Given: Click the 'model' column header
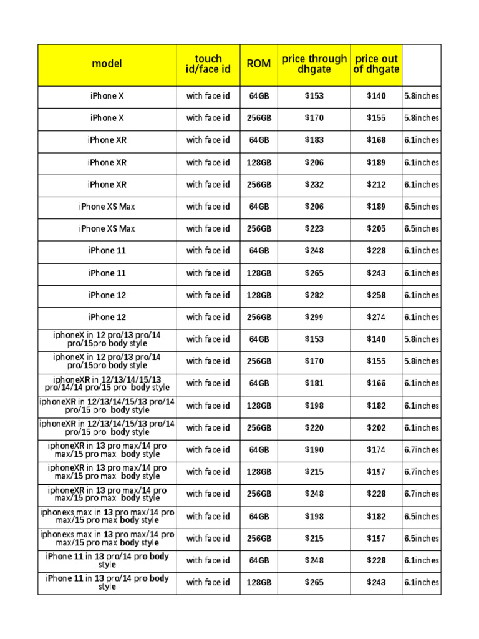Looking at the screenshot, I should coord(107,64).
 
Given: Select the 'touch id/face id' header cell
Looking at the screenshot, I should coord(208,64).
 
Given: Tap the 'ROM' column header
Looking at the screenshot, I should coord(259,64).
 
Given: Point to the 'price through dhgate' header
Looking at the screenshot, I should coord(314,64).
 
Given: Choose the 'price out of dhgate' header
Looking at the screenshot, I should coord(376,64).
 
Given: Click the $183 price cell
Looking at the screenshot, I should coord(314,140).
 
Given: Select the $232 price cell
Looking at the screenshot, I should coord(314,185).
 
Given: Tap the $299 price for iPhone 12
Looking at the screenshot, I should coord(314,317).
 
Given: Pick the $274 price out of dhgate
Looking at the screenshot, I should coord(376,317).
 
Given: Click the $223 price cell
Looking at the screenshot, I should coord(314,229).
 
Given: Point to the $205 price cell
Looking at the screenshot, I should coord(376,229).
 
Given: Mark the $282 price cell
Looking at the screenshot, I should coord(314,295).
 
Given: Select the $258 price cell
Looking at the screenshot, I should coord(376,295).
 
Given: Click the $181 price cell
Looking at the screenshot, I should coord(314,384).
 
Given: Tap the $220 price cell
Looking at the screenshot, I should coord(314,428).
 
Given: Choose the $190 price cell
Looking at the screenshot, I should coord(314,450).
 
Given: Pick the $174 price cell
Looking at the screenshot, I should coord(376,450).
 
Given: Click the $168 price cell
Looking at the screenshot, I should coord(376,140).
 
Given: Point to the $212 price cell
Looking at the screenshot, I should coord(376,185).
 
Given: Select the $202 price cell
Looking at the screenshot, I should coord(376,428).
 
